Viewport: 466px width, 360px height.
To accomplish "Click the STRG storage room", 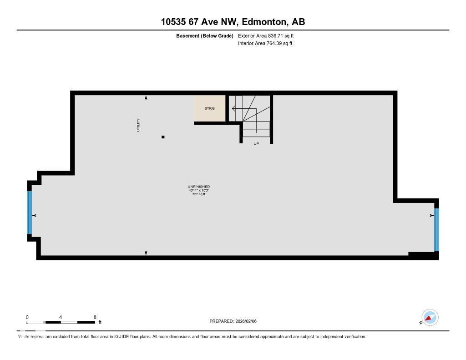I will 209,108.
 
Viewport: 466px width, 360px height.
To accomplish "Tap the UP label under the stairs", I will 256,143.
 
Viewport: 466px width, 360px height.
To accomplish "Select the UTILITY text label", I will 138,125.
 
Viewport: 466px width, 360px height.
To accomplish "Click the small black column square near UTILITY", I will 163,137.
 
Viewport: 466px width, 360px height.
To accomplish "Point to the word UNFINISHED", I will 198,187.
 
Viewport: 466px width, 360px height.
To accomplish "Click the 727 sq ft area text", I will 198,194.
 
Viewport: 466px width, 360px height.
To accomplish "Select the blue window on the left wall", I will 30,212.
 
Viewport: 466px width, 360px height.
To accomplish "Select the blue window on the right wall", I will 436,229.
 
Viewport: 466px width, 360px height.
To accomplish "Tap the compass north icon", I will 430,317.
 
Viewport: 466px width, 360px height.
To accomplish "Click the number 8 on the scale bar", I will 95,317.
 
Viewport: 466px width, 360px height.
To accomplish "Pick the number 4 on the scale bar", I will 61,317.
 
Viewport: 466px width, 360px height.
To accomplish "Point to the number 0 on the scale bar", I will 27,317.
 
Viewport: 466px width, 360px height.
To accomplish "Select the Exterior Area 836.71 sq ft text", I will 269,35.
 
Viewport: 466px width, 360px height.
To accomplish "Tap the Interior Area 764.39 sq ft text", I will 265,44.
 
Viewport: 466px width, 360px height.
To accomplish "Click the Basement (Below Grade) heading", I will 205,35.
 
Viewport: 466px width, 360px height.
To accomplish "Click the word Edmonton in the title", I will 264,21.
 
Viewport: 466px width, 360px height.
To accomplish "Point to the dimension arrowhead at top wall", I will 146,98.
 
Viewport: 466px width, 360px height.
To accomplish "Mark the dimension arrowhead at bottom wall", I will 146,253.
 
